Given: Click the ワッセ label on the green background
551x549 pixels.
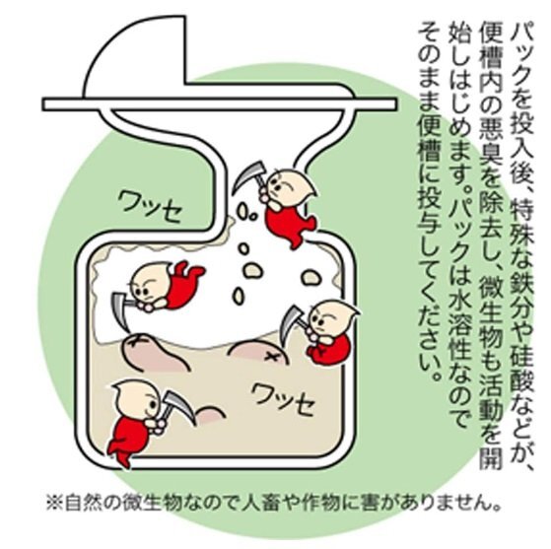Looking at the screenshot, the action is click(150, 206).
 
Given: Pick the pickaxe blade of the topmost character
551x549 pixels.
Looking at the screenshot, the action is click(247, 174).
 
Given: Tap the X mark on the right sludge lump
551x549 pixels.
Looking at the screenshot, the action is click(271, 357).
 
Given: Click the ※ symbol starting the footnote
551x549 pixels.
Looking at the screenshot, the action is click(54, 503).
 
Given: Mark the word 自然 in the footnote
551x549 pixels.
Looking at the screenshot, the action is click(79, 503).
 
